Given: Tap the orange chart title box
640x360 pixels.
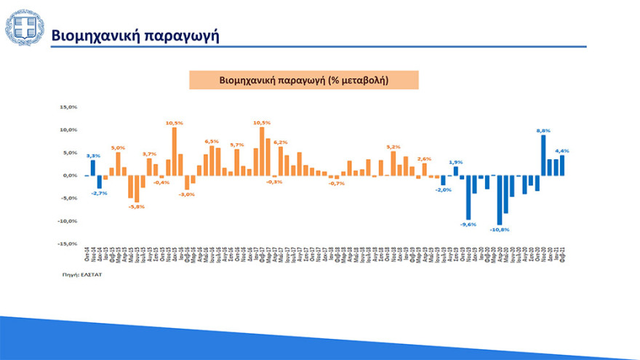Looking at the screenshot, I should click(303, 80).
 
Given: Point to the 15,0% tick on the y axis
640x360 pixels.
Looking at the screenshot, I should click(68, 107).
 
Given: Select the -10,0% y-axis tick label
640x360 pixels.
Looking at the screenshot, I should click(68, 221).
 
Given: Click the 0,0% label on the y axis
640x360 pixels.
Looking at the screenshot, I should click(69, 175).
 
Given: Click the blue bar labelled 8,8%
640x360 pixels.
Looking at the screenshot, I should click(543, 156).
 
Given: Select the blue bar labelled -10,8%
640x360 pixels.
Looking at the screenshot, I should click(500, 200).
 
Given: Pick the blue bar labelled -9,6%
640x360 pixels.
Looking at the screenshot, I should click(468, 197).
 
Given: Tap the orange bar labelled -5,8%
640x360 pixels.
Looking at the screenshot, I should click(137, 188).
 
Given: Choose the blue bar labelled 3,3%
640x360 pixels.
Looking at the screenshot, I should click(93, 168).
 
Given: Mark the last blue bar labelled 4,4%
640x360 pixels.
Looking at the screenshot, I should click(562, 166).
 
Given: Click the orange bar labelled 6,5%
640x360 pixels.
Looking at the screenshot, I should click(212, 161).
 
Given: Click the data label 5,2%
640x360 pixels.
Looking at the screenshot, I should click(393, 146).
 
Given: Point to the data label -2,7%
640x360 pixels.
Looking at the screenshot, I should click(100, 193).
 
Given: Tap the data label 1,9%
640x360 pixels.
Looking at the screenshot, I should click(455, 161).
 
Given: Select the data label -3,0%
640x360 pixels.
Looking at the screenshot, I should click(187, 194).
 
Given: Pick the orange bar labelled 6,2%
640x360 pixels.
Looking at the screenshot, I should click(281, 161).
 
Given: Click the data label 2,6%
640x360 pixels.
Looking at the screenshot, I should click(425, 158).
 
